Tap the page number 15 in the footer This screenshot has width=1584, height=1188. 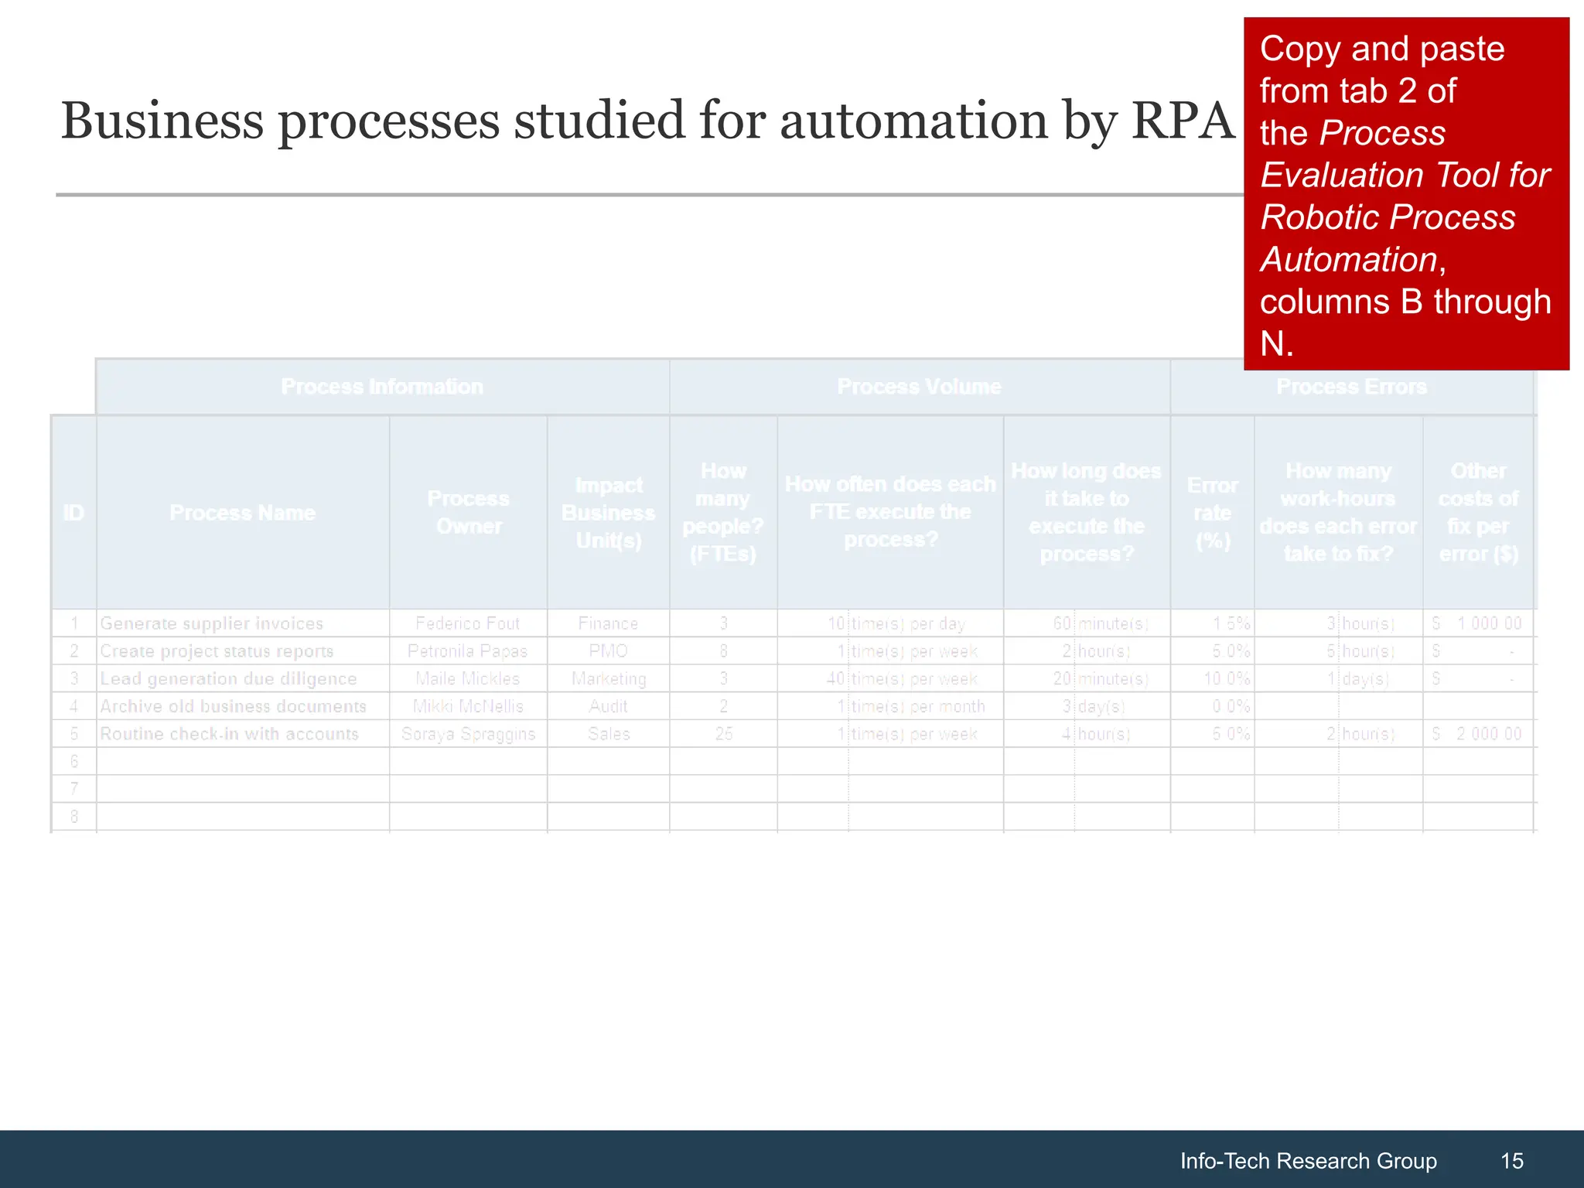(1511, 1160)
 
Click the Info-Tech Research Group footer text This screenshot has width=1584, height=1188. (1308, 1160)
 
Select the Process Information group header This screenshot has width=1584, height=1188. (382, 387)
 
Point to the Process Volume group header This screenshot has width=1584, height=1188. (919, 387)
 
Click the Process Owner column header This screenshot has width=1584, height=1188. (468, 512)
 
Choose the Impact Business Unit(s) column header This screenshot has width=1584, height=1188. (608, 512)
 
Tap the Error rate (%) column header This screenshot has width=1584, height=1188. (1212, 512)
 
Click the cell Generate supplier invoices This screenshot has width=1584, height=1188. (212, 623)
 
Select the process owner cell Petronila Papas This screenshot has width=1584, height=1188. (467, 651)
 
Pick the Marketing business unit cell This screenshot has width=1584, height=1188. (608, 679)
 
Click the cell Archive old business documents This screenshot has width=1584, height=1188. (233, 707)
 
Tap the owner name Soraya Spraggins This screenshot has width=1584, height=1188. (468, 734)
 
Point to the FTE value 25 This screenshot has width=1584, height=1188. (723, 734)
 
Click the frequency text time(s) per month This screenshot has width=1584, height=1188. (917, 707)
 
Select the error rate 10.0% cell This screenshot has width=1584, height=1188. (1227, 679)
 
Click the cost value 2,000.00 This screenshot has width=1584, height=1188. (1488, 734)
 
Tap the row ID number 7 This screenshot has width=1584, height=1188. (74, 789)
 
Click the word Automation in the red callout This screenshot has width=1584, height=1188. (1349, 260)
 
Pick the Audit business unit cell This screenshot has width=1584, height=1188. (608, 707)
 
